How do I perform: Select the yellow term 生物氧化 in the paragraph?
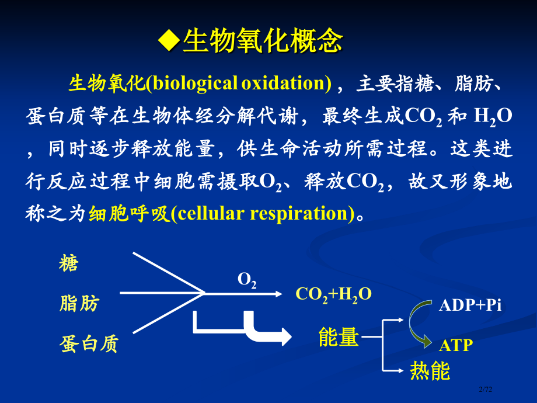(106, 84)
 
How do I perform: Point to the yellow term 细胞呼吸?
(128, 214)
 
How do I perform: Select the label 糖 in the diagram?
(69, 264)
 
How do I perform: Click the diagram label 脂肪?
(79, 304)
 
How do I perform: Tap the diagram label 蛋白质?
(89, 343)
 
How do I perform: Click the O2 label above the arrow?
(247, 280)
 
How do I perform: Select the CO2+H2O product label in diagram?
(333, 293)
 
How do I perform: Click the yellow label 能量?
(338, 337)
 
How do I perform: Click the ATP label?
(456, 345)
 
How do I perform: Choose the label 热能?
(430, 371)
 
